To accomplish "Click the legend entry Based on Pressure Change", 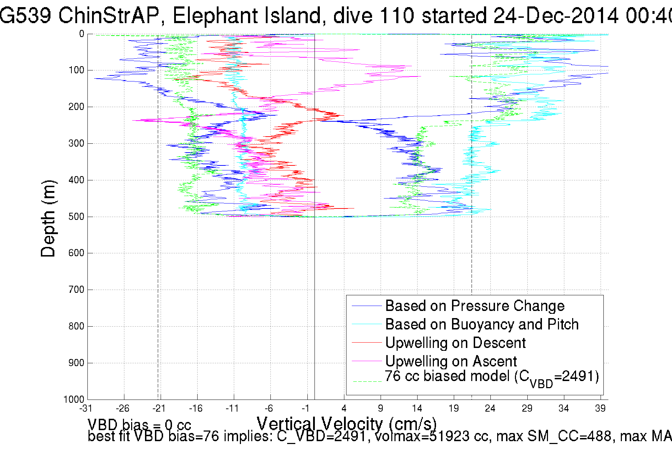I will pos(475,306).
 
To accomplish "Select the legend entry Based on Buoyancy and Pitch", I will pos(482,324).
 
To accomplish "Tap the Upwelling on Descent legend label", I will pos(455,343).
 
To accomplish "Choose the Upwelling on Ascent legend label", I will pos(451,361).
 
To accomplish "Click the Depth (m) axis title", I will pos(48,218).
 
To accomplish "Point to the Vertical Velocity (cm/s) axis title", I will pos(346,424).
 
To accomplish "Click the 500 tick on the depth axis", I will pos(76,217).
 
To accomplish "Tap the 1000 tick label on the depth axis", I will pos(74,399).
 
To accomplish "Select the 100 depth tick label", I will pos(76,70).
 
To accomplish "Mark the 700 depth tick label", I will pos(76,290).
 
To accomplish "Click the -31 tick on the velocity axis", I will pos(86,408).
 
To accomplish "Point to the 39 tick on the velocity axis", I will pos(600,408).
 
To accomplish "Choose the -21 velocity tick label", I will pos(159,408).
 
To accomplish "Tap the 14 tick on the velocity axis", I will pos(417,408).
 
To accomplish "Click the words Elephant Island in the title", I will pos(247,16).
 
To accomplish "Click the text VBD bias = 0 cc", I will pos(139,424).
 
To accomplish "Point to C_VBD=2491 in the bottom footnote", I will pos(321,436).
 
